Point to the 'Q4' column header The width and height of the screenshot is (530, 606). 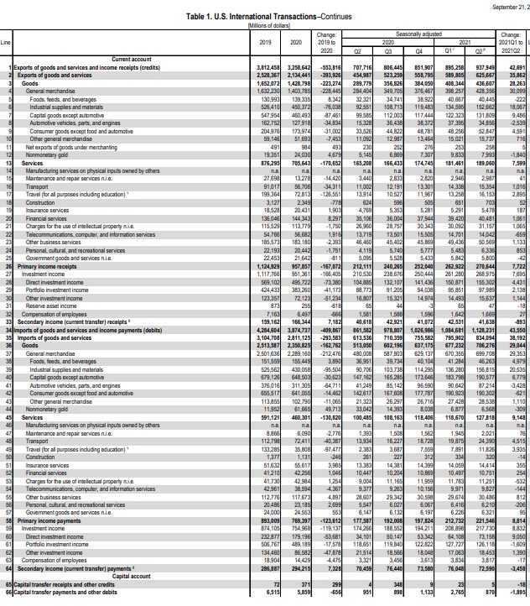[x=424, y=48]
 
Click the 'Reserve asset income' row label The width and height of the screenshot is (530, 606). [x=55, y=259]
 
